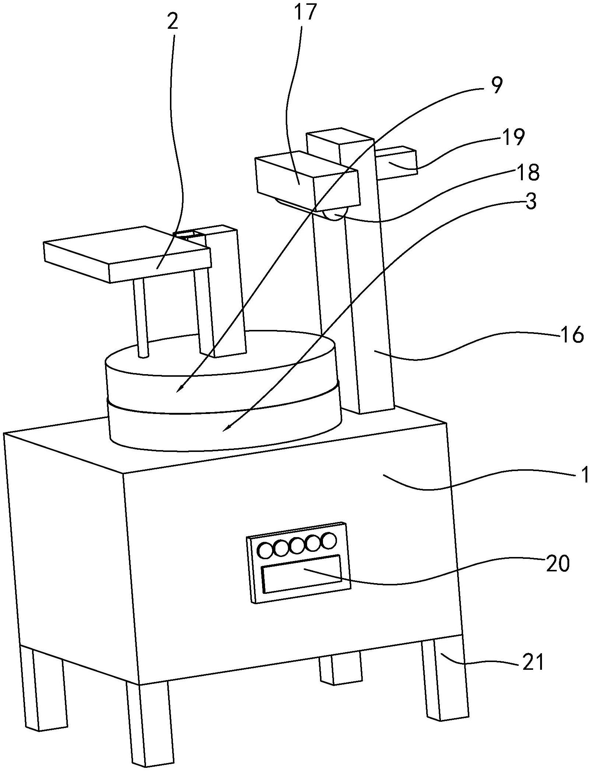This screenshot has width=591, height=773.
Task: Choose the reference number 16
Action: [x=573, y=335]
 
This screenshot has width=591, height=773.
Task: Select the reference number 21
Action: [x=533, y=662]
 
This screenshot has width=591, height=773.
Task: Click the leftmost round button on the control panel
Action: [x=265, y=561]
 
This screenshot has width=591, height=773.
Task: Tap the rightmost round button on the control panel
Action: [x=329, y=551]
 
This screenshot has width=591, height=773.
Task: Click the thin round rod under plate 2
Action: [x=142, y=317]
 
